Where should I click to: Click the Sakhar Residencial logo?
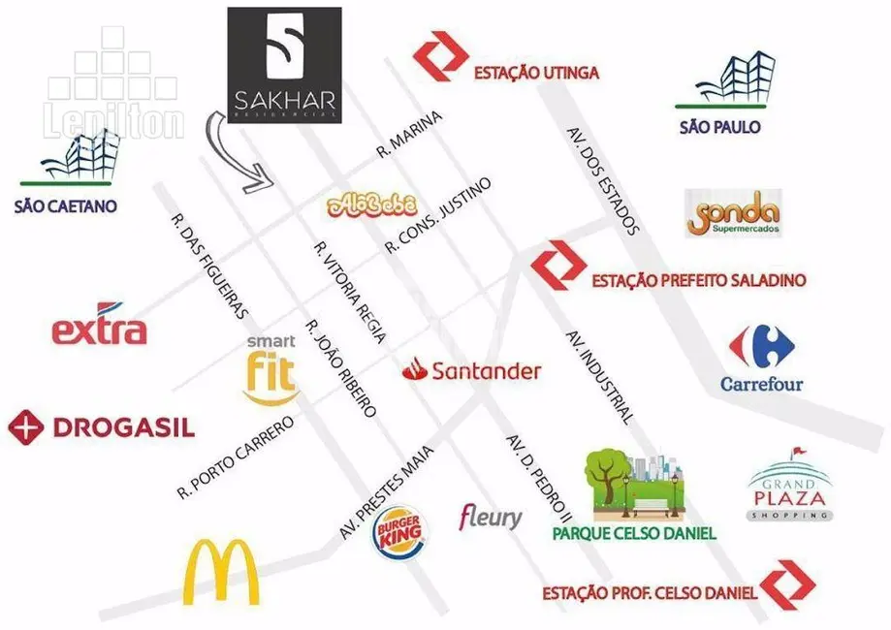pyautogui.click(x=284, y=64)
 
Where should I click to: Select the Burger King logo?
pyautogui.click(x=398, y=534)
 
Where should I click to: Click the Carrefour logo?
pyautogui.click(x=762, y=358)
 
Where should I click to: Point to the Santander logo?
pyautogui.click(x=472, y=370)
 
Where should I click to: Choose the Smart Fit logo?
pyautogui.click(x=270, y=369)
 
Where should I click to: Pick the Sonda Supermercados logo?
pyautogui.click(x=733, y=214)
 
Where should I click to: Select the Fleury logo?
pyautogui.click(x=491, y=516)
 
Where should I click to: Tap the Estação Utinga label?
pyautogui.click(x=536, y=73)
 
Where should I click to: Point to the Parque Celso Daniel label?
pyautogui.click(x=634, y=533)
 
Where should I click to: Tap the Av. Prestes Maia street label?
pyautogui.click(x=386, y=491)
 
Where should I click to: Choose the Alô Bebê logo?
pyautogui.click(x=373, y=204)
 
